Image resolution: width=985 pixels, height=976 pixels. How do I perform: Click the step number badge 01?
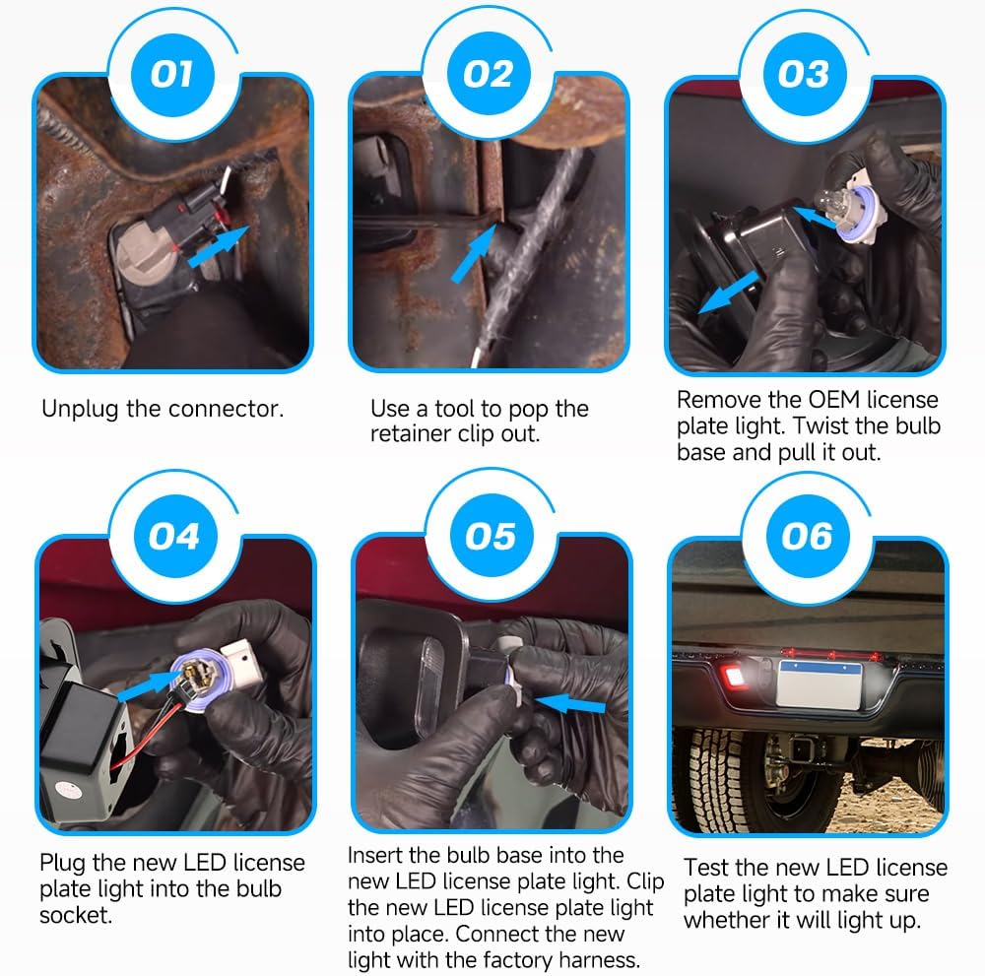coord(172,75)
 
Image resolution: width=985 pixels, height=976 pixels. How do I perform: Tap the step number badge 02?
coord(489,74)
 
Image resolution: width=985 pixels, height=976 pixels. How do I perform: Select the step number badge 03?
coord(805,74)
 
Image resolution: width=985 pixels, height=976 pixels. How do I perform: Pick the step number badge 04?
coord(175,537)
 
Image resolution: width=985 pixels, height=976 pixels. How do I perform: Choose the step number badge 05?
coord(492,536)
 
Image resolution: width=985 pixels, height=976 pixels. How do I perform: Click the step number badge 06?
coord(808,537)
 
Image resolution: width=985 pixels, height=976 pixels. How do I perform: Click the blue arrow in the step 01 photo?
coord(218,247)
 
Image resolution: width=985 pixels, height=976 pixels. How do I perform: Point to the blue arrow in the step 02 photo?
coord(474,254)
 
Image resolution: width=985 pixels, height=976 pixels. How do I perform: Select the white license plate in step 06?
coord(820,684)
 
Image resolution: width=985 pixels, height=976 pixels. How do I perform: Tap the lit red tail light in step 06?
coord(733,677)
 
